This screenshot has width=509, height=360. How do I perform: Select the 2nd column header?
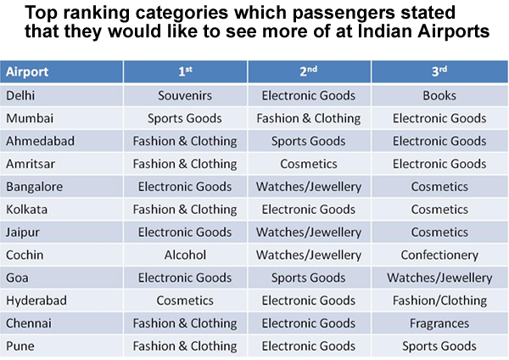(309, 72)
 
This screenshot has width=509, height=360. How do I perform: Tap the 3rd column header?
(439, 72)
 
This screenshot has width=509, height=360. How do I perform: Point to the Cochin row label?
(27, 255)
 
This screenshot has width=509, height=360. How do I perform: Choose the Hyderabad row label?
(36, 301)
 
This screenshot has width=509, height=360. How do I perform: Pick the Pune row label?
(20, 346)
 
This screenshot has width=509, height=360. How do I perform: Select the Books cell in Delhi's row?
(439, 96)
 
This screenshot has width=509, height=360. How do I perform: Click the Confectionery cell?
(439, 255)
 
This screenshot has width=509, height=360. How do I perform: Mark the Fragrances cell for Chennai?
(439, 323)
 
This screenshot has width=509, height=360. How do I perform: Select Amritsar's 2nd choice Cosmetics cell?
(309, 164)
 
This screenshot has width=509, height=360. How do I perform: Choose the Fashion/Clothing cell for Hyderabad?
(439, 301)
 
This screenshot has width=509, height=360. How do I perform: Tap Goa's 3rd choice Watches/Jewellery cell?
(439, 278)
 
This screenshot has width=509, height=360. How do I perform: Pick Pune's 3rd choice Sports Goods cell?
(439, 346)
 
